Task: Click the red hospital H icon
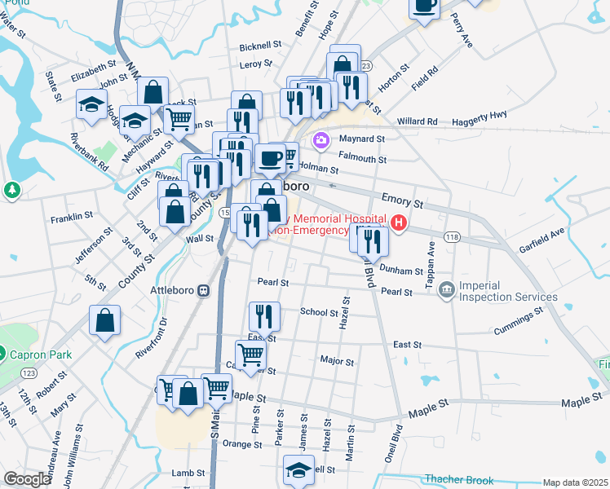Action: coord(399,222)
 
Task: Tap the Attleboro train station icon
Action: coord(205,289)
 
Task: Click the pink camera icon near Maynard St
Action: coord(321,139)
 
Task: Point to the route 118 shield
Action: coord(452,236)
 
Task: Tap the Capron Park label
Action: coord(41,355)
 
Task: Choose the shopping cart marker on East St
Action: coord(250,354)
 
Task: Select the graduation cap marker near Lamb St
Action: coord(298,469)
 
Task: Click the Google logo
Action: coord(27,479)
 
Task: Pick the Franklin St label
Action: coord(72,218)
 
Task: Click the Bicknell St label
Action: coord(260,46)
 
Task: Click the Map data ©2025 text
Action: coord(575,482)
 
